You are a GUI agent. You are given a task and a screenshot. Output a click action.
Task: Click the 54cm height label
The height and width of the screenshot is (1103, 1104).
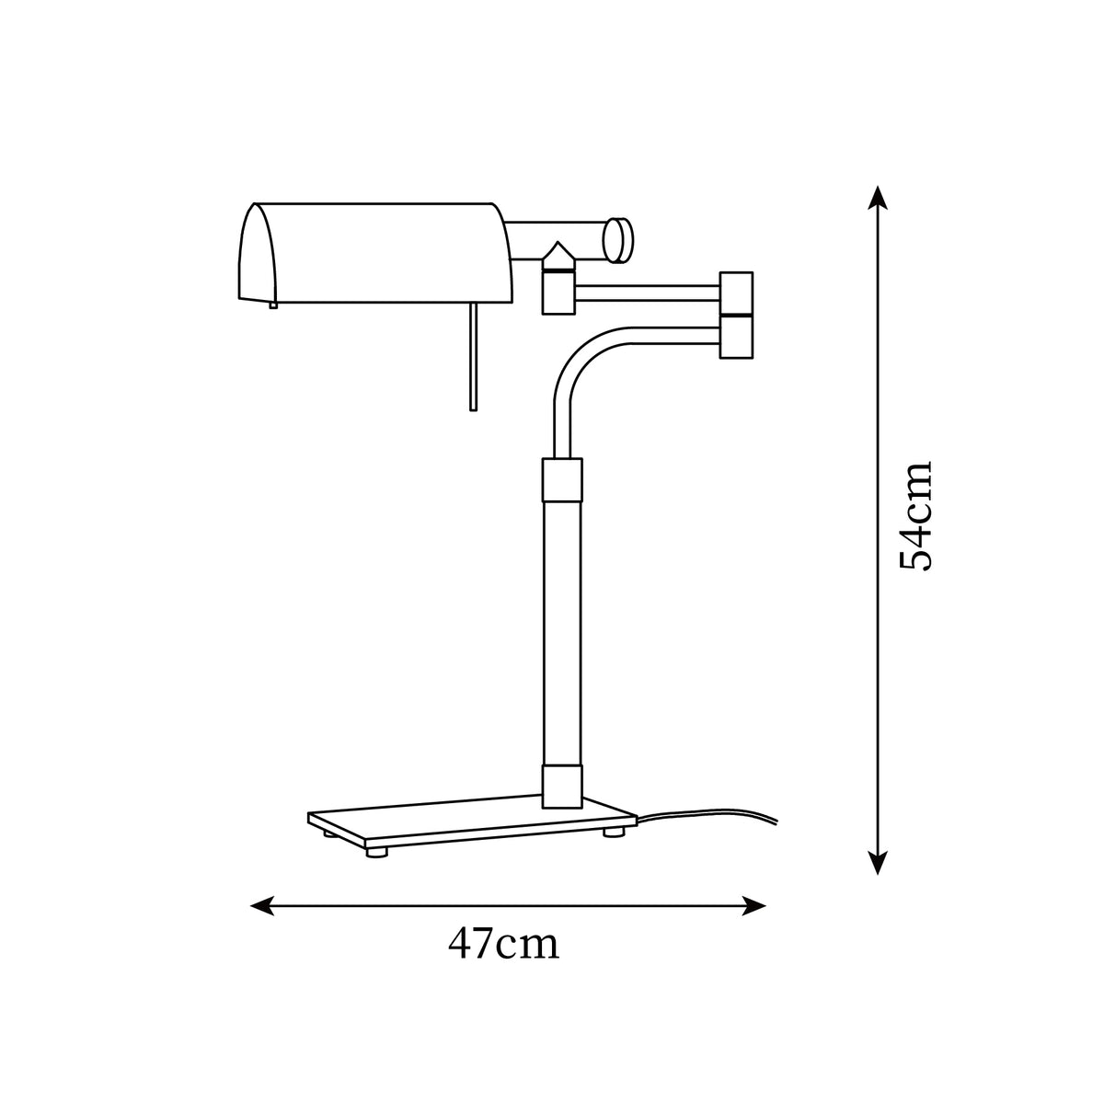[914, 517]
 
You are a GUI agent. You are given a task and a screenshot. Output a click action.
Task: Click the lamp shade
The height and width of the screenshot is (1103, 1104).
[375, 252]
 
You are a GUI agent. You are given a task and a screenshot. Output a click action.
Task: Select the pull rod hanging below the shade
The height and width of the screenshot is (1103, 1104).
[473, 356]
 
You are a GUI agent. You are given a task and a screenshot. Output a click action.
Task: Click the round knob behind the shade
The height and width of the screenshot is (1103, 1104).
[618, 240]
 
